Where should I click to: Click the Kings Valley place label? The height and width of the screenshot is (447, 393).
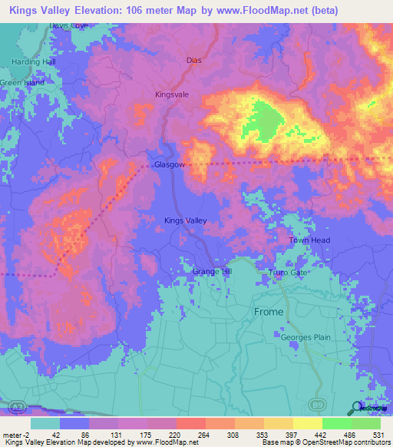[x=186, y=220]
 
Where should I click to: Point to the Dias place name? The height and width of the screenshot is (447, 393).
[x=194, y=59]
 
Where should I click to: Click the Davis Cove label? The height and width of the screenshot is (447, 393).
[x=70, y=25]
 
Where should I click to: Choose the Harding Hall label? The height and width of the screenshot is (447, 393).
[x=34, y=61]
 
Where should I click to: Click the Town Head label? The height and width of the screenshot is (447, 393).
[x=309, y=240]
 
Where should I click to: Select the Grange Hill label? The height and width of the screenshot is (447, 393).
[x=211, y=272]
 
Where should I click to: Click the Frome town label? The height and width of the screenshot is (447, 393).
[x=269, y=312]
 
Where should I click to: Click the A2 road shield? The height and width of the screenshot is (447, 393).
[x=12, y=404]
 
